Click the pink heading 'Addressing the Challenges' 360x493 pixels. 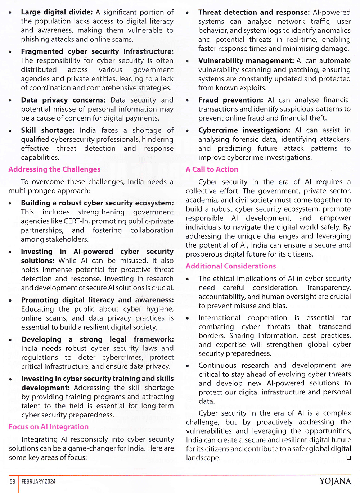[x=54, y=169]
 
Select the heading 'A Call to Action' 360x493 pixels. [x=212, y=169]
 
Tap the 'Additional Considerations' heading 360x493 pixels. [x=231, y=266]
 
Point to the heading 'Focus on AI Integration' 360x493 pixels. [x=49, y=427]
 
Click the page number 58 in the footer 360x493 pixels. [x=13, y=481]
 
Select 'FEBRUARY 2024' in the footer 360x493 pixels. [x=39, y=481]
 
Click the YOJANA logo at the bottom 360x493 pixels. [x=335, y=481]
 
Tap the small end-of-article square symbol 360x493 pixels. [x=348, y=458]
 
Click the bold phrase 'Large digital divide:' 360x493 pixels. [x=57, y=12]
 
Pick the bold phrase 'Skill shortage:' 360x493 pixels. [x=48, y=130]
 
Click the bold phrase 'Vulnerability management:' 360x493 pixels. [x=246, y=61]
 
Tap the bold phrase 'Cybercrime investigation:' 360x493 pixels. [x=244, y=130]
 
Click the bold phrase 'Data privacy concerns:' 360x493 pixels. [x=63, y=100]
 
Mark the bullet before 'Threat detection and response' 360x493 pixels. [x=188, y=13]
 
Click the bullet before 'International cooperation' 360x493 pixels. [x=188, y=318]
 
